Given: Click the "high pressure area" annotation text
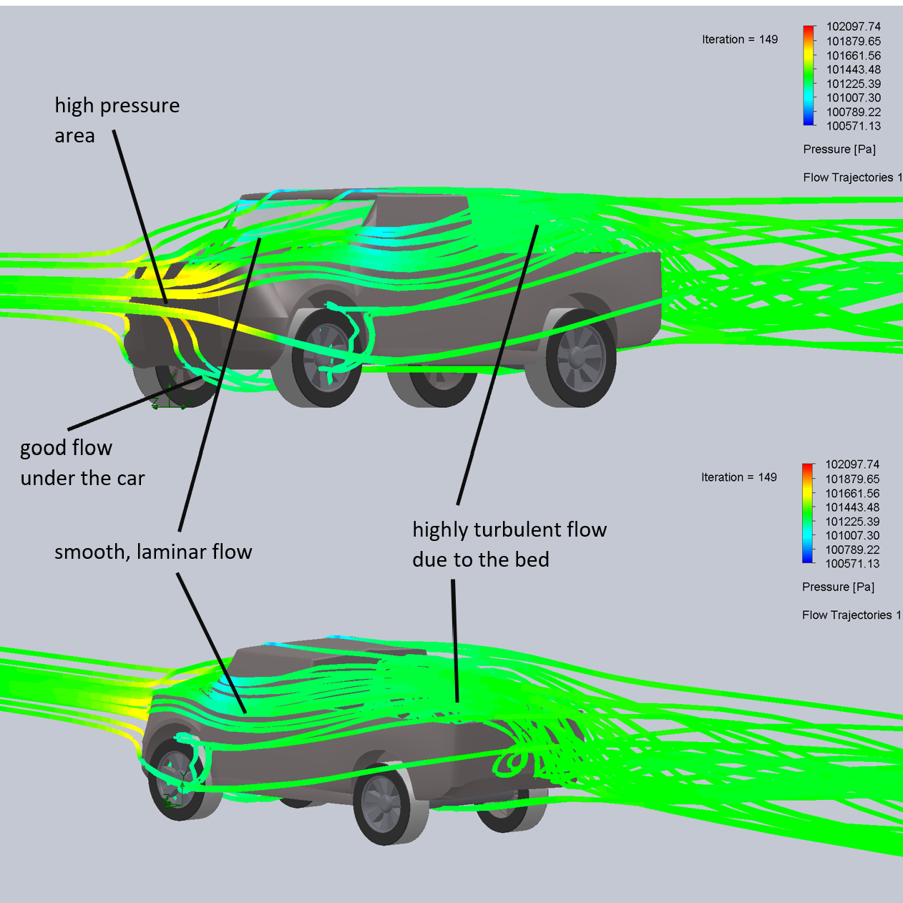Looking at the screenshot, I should click(x=117, y=120).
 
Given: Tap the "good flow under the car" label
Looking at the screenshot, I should click(x=82, y=463).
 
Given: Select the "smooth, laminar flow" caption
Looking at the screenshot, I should click(x=153, y=552).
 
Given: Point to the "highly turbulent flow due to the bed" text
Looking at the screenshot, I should click(x=509, y=544).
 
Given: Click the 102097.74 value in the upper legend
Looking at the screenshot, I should click(x=853, y=26).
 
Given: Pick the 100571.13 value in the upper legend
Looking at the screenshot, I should click(x=853, y=126).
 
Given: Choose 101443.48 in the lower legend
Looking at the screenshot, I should click(x=852, y=507).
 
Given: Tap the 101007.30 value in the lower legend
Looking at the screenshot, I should click(x=852, y=535).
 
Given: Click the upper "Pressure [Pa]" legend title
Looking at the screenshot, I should click(x=839, y=149).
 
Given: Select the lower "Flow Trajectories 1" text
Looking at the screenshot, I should click(x=851, y=615).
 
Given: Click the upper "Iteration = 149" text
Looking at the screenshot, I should click(x=739, y=39).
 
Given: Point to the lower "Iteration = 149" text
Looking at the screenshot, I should click(x=738, y=477).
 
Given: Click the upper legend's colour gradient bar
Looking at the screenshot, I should click(x=809, y=75).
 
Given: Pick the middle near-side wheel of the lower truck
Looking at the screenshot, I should click(x=388, y=803).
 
